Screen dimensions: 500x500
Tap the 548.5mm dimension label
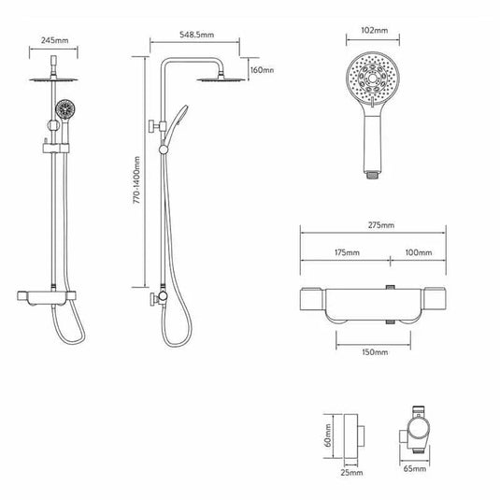[x=196, y=36]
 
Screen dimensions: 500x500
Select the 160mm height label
[x=262, y=70]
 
